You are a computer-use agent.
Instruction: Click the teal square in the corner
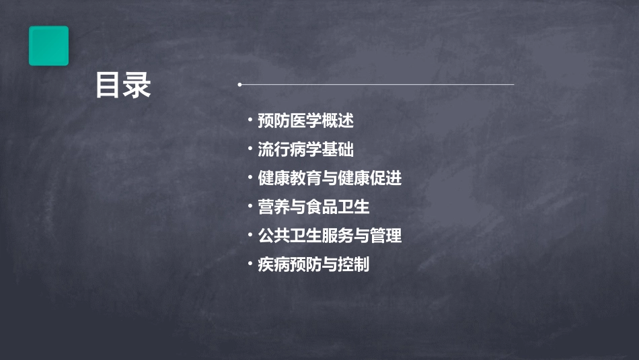pyautogui.click(x=48, y=46)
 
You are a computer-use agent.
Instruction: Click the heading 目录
pyautogui.click(x=122, y=85)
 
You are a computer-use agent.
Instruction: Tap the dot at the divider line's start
pyautogui.click(x=239, y=85)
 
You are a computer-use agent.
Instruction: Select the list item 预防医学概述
pyautogui.click(x=305, y=121)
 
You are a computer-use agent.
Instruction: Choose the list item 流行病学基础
pyautogui.click(x=305, y=150)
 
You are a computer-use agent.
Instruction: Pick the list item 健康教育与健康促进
pyautogui.click(x=330, y=178)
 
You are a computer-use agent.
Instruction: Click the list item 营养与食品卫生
pyautogui.click(x=313, y=207)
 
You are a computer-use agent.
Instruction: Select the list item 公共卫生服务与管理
pyautogui.click(x=330, y=236)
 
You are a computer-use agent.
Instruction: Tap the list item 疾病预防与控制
pyautogui.click(x=313, y=264)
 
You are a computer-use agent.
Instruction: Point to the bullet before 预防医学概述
pyautogui.click(x=250, y=121)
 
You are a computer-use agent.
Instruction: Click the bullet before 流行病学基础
pyautogui.click(x=250, y=150)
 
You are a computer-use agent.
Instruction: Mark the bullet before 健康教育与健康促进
pyautogui.click(x=250, y=178)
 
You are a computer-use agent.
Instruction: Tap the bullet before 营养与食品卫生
pyautogui.click(x=250, y=207)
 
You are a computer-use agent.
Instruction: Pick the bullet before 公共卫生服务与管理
pyautogui.click(x=250, y=236)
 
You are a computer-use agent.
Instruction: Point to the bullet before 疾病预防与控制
pyautogui.click(x=250, y=264)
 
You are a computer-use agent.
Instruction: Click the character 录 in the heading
pyautogui.click(x=137, y=85)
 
